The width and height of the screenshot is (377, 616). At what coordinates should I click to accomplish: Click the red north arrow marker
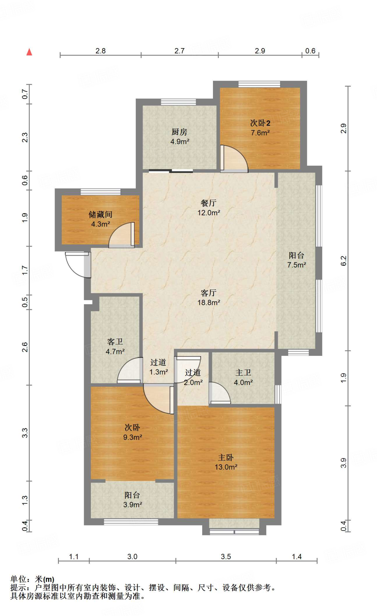tap(29, 52)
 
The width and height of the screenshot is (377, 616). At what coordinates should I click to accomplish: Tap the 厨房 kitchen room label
tap(179, 132)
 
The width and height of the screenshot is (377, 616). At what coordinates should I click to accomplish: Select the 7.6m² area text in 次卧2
tap(260, 133)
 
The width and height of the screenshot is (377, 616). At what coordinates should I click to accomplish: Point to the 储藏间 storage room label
tap(100, 214)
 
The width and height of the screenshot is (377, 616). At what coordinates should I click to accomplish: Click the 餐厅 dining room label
tap(208, 203)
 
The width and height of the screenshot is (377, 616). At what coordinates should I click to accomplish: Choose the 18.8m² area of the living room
tap(209, 303)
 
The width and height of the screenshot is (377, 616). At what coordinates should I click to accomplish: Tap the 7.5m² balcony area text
tap(296, 265)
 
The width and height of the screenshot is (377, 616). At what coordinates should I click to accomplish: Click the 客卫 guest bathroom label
tap(115, 342)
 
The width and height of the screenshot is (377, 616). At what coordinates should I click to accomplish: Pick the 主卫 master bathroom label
tap(243, 373)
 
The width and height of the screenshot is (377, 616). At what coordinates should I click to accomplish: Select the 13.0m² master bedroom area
tap(226, 467)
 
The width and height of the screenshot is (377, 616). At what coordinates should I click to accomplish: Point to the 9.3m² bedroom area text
tap(132, 437)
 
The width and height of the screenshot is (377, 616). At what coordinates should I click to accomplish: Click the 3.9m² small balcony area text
tap(132, 504)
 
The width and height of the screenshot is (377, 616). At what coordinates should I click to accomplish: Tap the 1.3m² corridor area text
tap(159, 372)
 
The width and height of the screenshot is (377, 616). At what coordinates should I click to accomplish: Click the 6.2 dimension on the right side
tap(343, 261)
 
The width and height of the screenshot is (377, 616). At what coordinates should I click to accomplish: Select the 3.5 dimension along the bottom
tap(226, 556)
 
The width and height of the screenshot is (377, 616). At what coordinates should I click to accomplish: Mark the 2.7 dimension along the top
tap(179, 51)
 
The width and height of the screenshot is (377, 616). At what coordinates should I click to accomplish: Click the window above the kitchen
tap(178, 102)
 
